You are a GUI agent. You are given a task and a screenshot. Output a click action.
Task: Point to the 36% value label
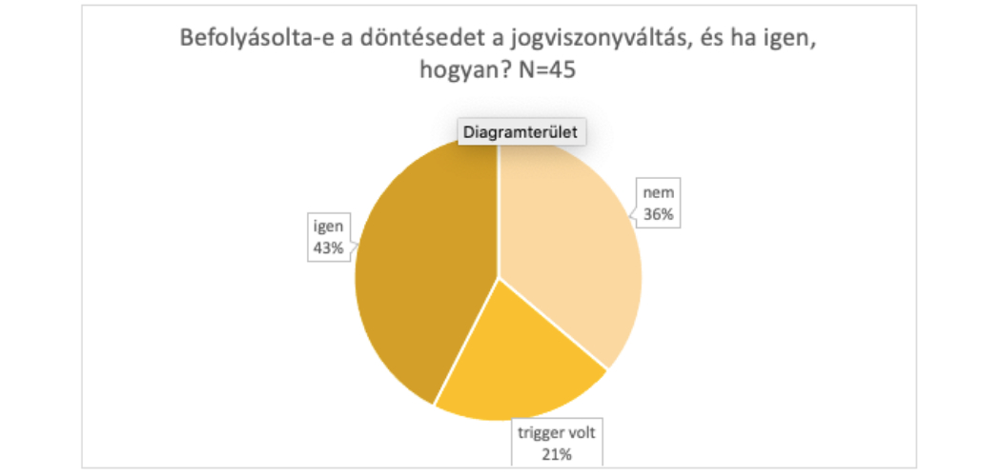(x=659, y=215)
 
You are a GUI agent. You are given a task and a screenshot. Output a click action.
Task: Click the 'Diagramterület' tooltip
(x=521, y=132)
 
